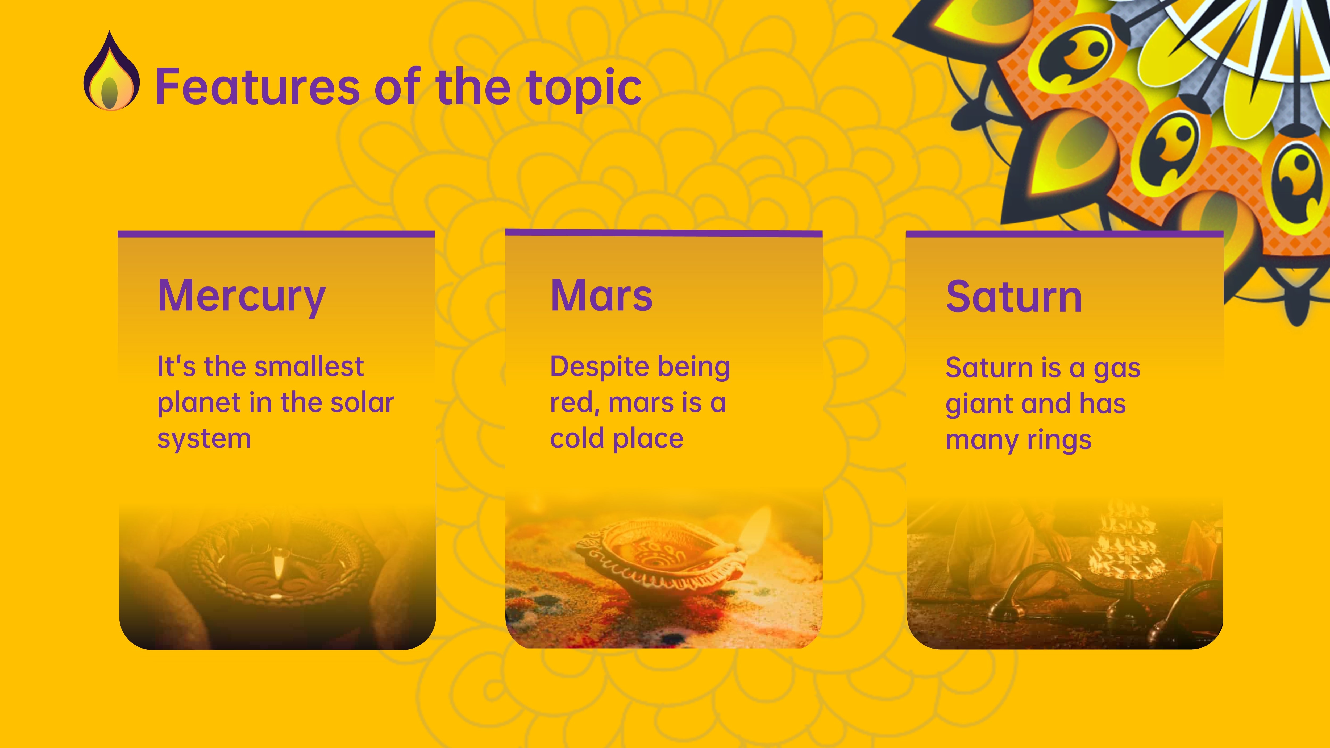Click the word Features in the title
point(257,87)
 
